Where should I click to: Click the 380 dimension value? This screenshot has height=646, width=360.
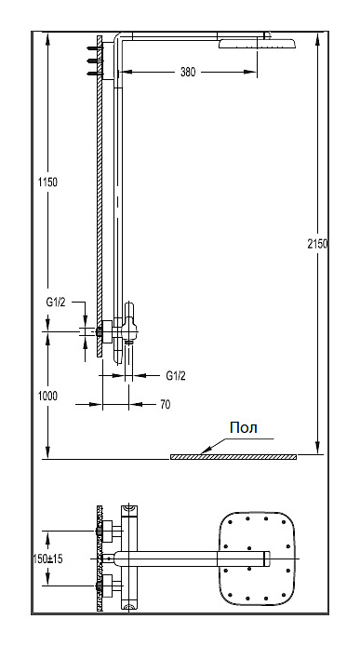188,72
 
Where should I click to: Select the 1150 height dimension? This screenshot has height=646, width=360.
47,182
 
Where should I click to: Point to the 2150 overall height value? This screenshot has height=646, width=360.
317,244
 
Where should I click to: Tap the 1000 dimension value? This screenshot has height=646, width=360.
47,397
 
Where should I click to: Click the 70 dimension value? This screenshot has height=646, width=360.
166,405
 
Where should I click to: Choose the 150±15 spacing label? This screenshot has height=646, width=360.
47,559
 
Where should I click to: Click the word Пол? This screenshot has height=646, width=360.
244,427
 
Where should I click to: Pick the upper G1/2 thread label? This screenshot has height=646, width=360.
56,303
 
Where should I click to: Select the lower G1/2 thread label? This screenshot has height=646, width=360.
176,376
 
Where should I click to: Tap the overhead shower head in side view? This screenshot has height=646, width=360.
257,44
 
